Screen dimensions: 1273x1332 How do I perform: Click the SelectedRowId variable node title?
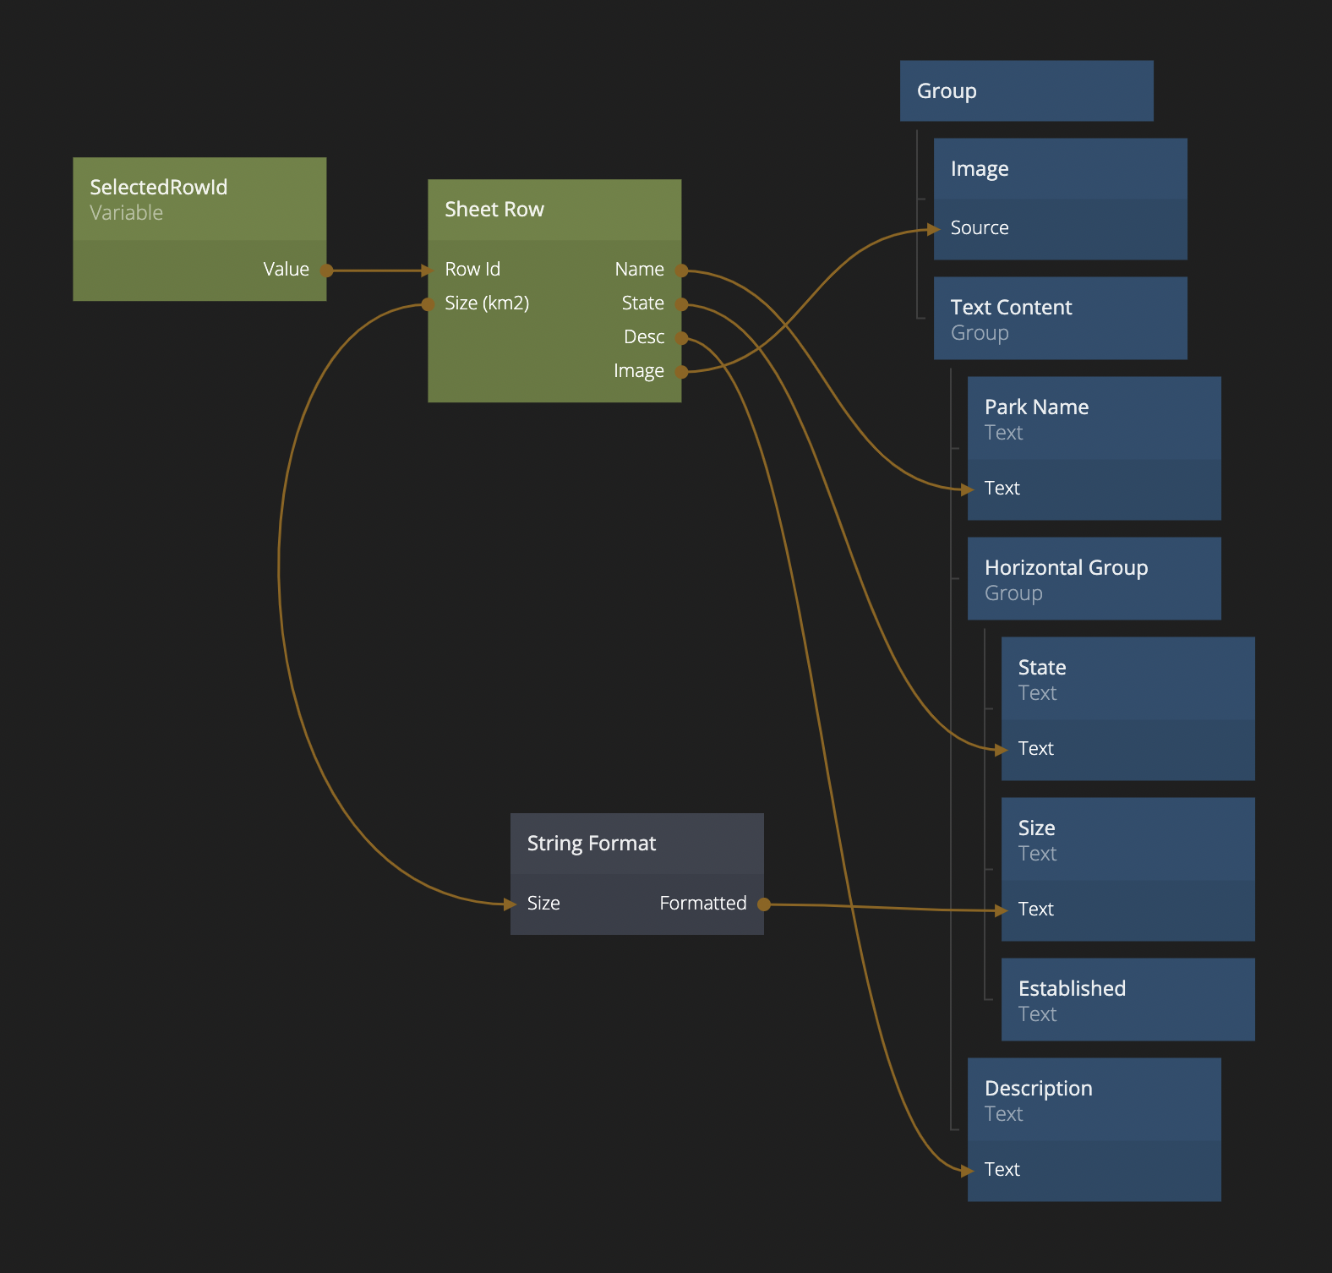[159, 187]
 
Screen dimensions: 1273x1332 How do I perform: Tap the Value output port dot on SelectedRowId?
[326, 270]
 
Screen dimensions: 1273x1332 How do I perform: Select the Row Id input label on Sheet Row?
[472, 270]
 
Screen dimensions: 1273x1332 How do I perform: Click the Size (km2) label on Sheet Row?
[487, 303]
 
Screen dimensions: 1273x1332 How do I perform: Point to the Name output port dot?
[681, 270]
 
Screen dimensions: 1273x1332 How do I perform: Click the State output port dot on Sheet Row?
[681, 304]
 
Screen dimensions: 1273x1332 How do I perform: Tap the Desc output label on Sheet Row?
[643, 337]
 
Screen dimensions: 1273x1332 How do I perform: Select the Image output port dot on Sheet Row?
[681, 371]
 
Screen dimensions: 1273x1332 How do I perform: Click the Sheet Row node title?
[494, 210]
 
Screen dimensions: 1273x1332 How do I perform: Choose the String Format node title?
[592, 844]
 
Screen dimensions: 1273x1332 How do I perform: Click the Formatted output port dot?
[764, 904]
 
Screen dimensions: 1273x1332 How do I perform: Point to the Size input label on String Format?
[543, 904]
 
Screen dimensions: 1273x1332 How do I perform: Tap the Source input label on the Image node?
[980, 228]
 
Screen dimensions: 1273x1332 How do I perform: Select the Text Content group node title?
[1011, 308]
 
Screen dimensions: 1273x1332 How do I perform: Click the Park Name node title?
[1036, 407]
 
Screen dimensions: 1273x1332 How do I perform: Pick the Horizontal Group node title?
[1066, 568]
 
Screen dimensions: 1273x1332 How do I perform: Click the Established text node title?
[1072, 989]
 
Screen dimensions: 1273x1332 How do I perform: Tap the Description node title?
[1038, 1089]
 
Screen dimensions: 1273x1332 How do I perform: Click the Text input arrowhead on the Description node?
[967, 1171]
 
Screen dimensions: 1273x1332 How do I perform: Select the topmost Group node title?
[947, 91]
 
